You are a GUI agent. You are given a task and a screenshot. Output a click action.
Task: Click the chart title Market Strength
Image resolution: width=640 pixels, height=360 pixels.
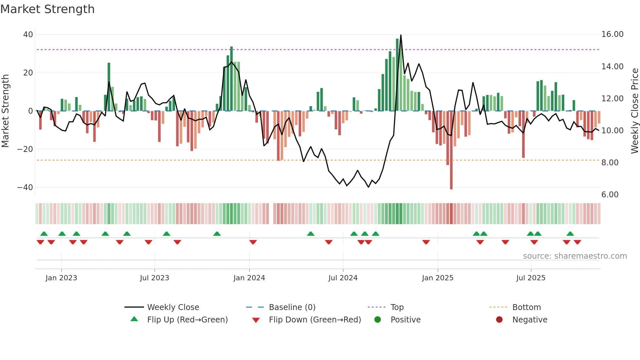point(47,9)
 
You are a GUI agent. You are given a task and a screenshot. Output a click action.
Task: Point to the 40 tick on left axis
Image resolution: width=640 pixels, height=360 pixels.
point(28,35)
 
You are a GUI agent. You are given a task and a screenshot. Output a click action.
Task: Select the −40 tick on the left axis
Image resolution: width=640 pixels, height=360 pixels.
point(25,188)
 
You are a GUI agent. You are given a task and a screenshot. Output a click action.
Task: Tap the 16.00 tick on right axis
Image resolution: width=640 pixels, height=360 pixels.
point(612,34)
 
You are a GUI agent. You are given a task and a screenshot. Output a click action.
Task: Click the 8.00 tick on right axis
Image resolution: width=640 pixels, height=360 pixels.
point(610,163)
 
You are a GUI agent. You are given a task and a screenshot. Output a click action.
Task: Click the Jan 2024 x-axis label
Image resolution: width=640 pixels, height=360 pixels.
point(249,278)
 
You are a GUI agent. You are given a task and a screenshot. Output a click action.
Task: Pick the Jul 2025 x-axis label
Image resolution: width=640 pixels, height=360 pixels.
point(531,278)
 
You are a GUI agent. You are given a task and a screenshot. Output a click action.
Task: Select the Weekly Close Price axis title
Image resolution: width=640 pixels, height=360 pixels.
point(634,111)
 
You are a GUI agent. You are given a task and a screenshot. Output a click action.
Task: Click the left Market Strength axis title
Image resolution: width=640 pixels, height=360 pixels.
point(6,111)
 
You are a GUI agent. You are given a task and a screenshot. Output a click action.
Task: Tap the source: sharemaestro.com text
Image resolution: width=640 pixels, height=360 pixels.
point(575,256)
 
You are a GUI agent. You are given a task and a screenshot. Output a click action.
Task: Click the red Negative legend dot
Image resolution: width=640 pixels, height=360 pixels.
point(499,320)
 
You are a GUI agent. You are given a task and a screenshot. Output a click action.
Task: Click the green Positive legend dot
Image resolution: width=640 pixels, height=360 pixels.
point(378,320)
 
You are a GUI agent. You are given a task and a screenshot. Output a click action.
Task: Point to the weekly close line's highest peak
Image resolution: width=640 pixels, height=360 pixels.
point(401,35)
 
